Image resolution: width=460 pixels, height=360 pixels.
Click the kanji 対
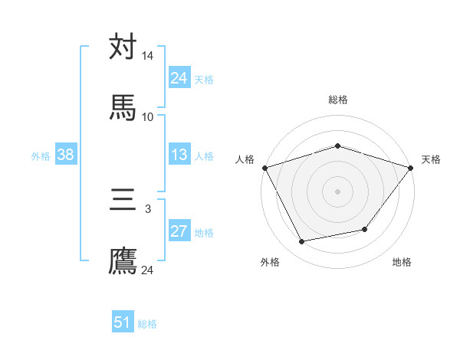coord(123,47)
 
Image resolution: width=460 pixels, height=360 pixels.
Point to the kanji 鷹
coord(123,260)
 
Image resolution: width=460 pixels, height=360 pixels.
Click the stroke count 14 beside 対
coord(148,57)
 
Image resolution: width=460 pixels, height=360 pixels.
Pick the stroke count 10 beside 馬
coord(148,116)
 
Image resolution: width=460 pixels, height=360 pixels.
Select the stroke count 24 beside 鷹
coord(148,270)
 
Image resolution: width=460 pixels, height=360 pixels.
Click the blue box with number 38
coord(65,155)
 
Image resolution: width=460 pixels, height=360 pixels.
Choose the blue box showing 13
coord(179,155)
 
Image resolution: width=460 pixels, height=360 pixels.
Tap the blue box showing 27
coord(179,231)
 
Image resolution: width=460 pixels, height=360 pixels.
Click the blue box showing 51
coord(123,322)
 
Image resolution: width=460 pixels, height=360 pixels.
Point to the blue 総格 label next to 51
coord(147,324)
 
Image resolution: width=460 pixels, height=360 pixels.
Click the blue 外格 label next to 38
coord(41,156)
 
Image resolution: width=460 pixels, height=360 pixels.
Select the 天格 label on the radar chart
coord(431,159)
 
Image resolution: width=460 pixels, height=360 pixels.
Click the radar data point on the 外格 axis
coord(302,242)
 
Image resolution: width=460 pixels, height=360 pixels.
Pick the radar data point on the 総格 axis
coord(337,146)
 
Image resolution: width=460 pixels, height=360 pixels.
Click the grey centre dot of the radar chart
coord(337,191)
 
